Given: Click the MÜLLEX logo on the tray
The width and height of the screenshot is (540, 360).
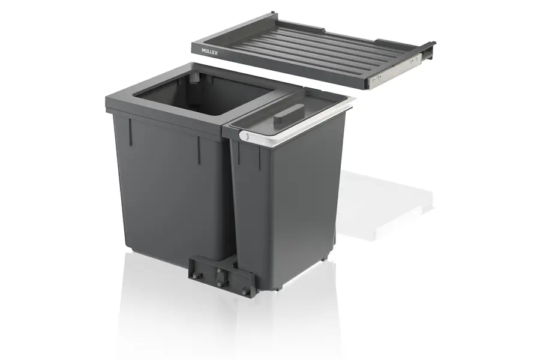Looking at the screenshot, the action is (209, 52).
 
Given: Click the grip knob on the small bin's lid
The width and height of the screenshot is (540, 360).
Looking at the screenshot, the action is (286, 115).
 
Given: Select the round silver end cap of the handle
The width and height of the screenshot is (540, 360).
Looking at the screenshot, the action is (244, 136).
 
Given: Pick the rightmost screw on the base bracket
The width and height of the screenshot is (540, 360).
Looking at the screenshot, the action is (244, 292).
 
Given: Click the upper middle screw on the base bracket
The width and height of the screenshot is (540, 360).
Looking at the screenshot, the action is (218, 271).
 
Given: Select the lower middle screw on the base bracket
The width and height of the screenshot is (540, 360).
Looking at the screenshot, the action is (218, 284).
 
